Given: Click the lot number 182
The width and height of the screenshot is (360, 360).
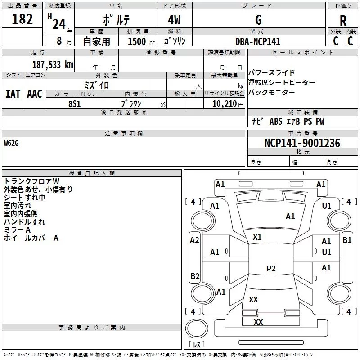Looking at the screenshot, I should coord(22,19).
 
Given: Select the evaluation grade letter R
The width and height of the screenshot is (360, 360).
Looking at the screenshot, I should coord(343,20).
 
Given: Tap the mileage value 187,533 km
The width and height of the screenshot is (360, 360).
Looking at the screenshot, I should coord(52,64).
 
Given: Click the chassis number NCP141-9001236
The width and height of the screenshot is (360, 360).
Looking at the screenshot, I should coord(302,143).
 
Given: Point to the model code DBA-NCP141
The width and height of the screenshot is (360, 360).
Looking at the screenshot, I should coord(258,41).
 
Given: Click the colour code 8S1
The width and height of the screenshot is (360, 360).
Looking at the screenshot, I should coord(74,103).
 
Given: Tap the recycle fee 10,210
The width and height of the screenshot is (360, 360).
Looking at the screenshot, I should coord(224,104).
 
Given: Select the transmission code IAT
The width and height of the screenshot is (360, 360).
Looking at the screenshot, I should coord(13,94).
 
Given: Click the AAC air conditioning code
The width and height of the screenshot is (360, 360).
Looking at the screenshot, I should coord(34,94).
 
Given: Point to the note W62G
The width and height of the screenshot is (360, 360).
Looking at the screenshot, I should coord(12,143).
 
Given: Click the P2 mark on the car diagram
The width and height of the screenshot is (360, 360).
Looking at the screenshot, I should coord(271,269).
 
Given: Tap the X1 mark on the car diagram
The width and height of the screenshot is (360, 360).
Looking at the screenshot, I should coord(257,237).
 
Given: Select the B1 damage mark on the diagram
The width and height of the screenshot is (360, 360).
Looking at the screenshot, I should coord(347,240).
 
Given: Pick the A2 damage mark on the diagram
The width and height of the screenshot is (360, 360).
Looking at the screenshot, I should coord(194,240).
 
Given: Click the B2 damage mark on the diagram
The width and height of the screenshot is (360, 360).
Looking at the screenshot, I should coord(195,276).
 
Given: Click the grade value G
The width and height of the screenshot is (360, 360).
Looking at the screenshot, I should coord(258,20).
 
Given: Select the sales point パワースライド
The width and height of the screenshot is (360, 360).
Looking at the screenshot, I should coord(272,73).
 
